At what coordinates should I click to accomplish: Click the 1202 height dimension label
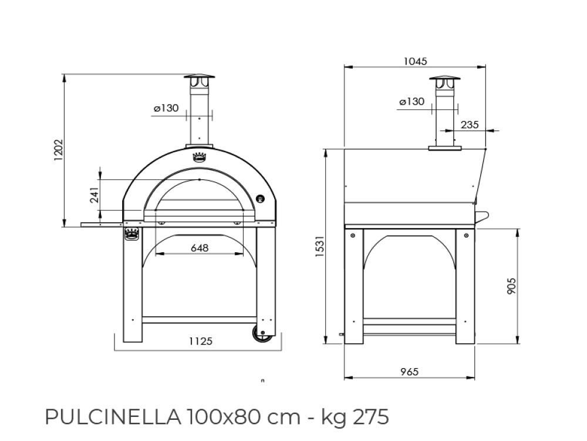[58, 150]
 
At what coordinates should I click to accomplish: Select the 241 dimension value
[95, 195]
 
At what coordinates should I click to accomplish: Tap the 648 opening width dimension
[200, 248]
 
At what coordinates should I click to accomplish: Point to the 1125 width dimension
[201, 341]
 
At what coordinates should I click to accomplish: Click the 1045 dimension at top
[416, 61]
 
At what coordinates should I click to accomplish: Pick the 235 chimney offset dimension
[470, 125]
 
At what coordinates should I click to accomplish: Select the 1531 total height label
[319, 246]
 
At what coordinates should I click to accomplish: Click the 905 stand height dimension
[512, 286]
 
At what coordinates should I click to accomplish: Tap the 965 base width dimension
[409, 372]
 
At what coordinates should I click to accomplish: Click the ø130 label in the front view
[166, 108]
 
